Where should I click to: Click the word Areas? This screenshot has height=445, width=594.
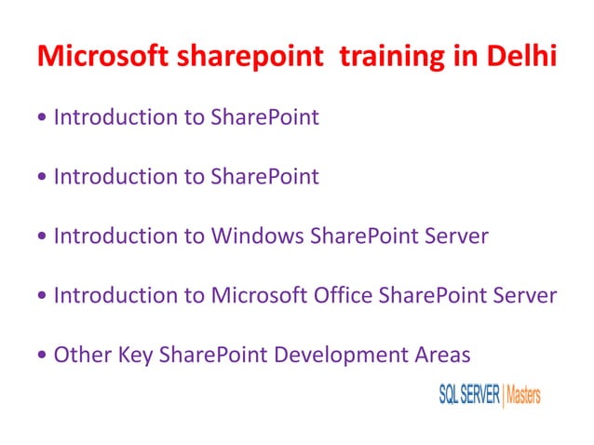[440, 355]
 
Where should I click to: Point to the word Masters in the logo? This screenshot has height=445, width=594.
[523, 395]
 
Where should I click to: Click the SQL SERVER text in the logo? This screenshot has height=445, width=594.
[468, 395]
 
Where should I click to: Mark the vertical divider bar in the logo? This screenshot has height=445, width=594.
[503, 395]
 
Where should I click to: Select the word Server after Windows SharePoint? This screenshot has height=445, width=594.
[456, 236]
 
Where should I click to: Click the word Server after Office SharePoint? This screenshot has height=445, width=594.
[525, 296]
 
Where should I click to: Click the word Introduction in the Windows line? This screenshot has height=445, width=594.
[116, 236]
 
